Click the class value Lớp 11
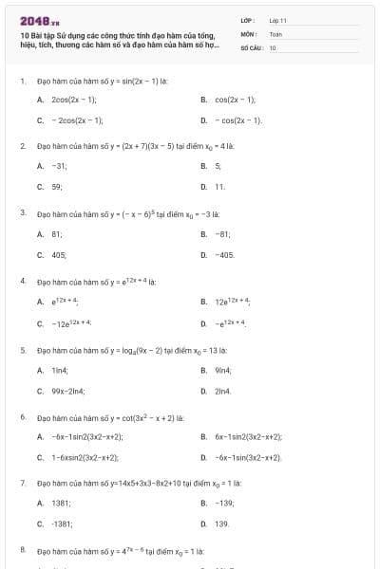click(x=277, y=20)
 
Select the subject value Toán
click(x=275, y=33)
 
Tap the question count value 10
click(x=273, y=46)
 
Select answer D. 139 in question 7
click(x=220, y=523)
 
